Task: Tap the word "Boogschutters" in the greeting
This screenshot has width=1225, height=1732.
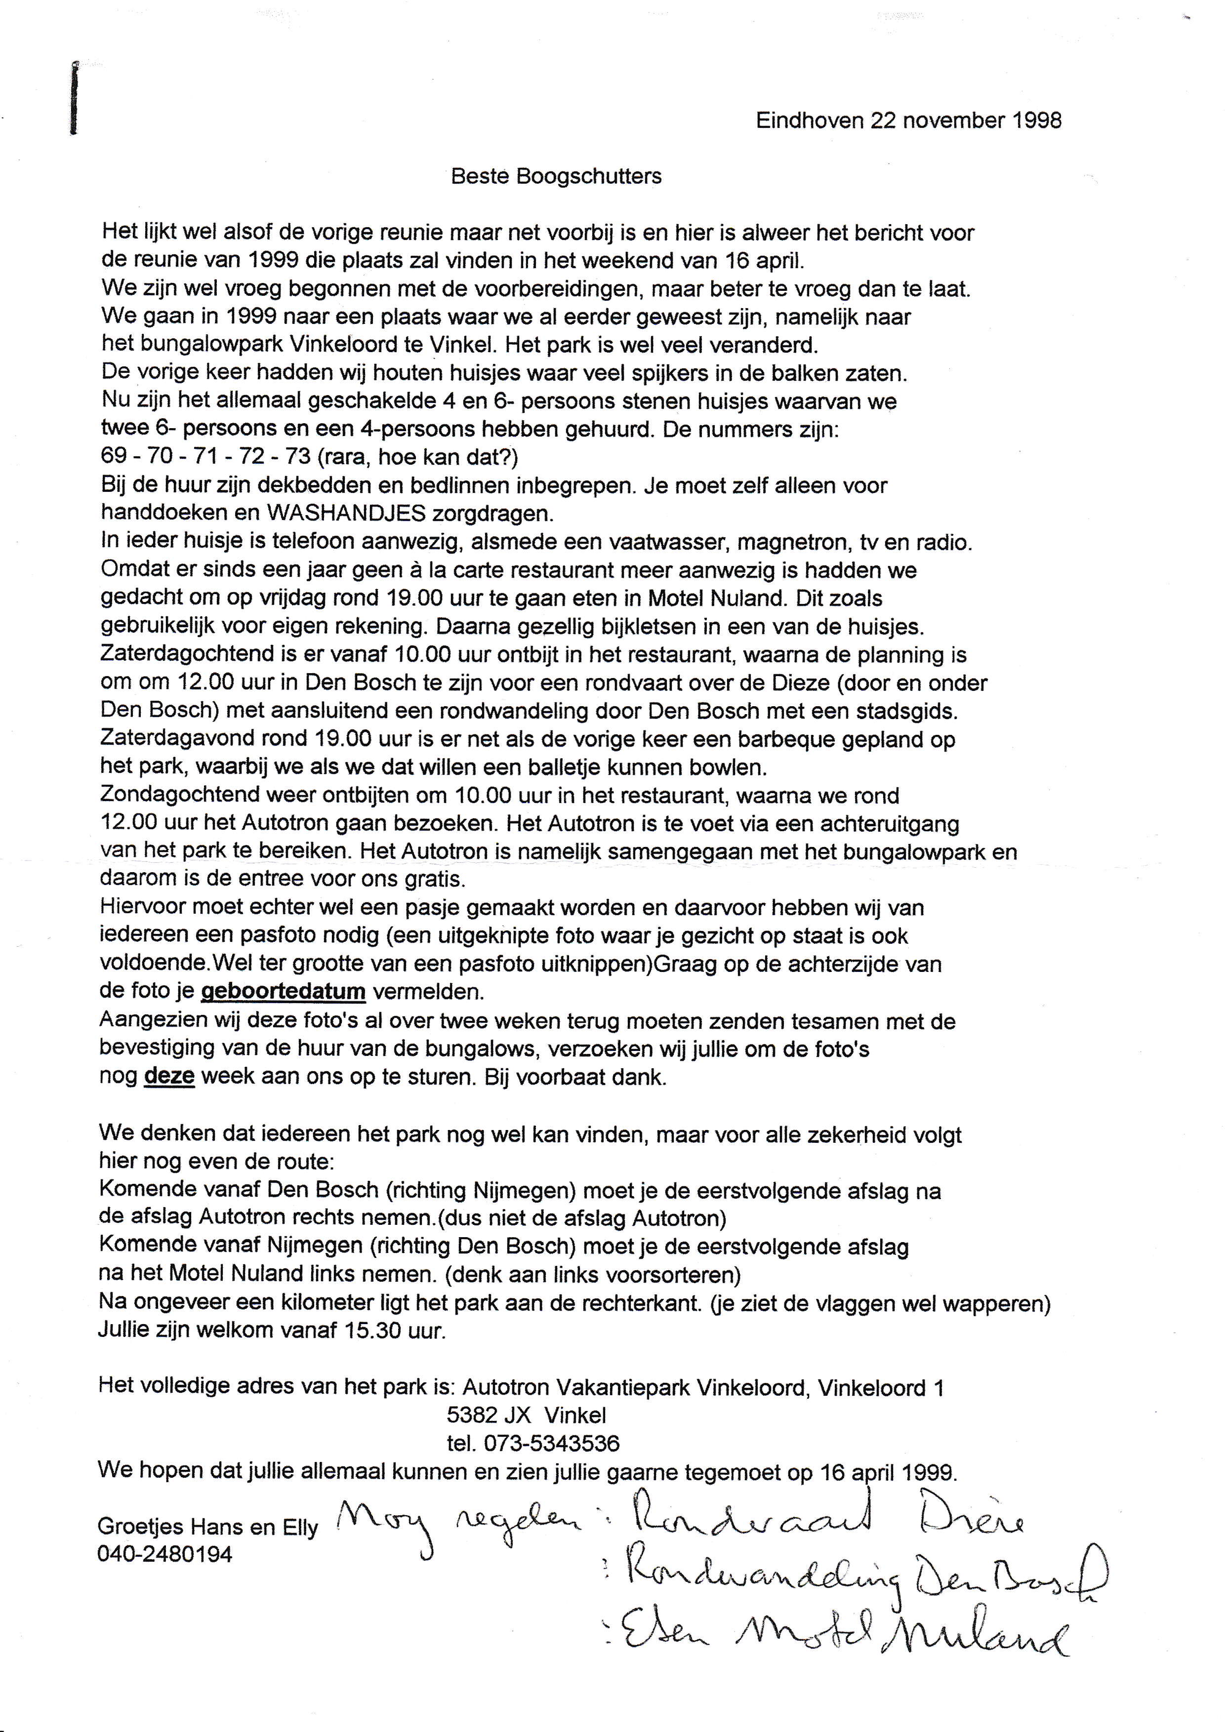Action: pyautogui.click(x=589, y=176)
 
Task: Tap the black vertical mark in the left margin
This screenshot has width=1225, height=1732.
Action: pyautogui.click(x=74, y=98)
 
